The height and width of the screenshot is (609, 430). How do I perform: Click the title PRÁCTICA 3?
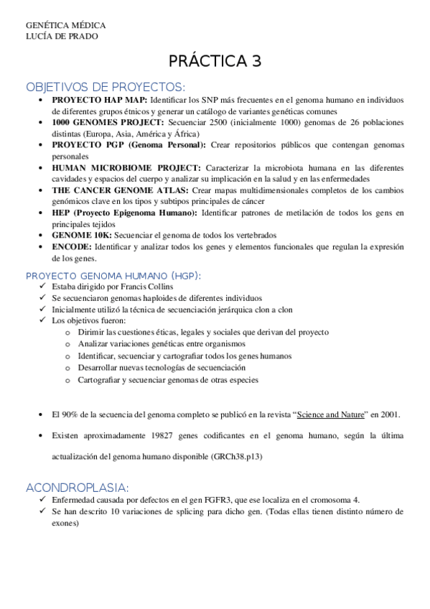pyautogui.click(x=215, y=62)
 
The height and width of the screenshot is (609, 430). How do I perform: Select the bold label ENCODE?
pyautogui.click(x=70, y=246)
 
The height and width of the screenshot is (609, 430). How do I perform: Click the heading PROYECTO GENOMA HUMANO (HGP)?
pyautogui.click(x=113, y=276)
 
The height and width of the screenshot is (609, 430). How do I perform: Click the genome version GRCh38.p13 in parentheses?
pyautogui.click(x=257, y=456)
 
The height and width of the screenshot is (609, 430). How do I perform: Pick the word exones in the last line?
pyautogui.click(x=65, y=524)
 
